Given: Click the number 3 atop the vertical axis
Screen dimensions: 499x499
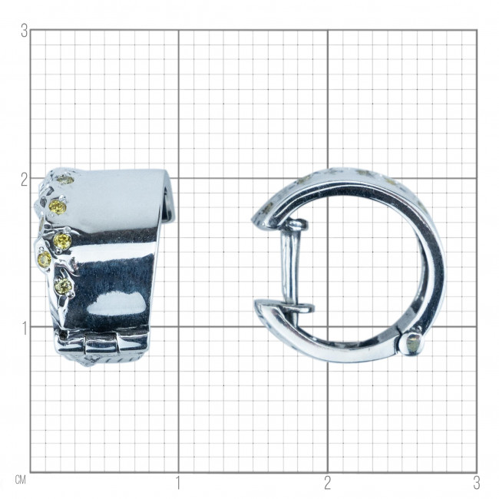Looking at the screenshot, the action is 25,31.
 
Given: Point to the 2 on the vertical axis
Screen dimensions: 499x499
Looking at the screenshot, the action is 25,180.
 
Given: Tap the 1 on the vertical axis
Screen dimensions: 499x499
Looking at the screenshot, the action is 25,329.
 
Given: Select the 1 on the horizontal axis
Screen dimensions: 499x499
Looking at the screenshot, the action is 178,483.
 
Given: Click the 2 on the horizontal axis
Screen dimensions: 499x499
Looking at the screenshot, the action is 328,483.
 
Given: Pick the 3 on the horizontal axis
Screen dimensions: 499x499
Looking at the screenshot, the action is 477,483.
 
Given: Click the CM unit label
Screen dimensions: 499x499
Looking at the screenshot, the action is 21,480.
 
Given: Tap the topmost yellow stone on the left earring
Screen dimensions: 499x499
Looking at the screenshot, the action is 66,180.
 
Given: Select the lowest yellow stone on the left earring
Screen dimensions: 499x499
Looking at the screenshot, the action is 63,286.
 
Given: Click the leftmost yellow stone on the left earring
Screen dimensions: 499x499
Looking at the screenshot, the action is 45,259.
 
